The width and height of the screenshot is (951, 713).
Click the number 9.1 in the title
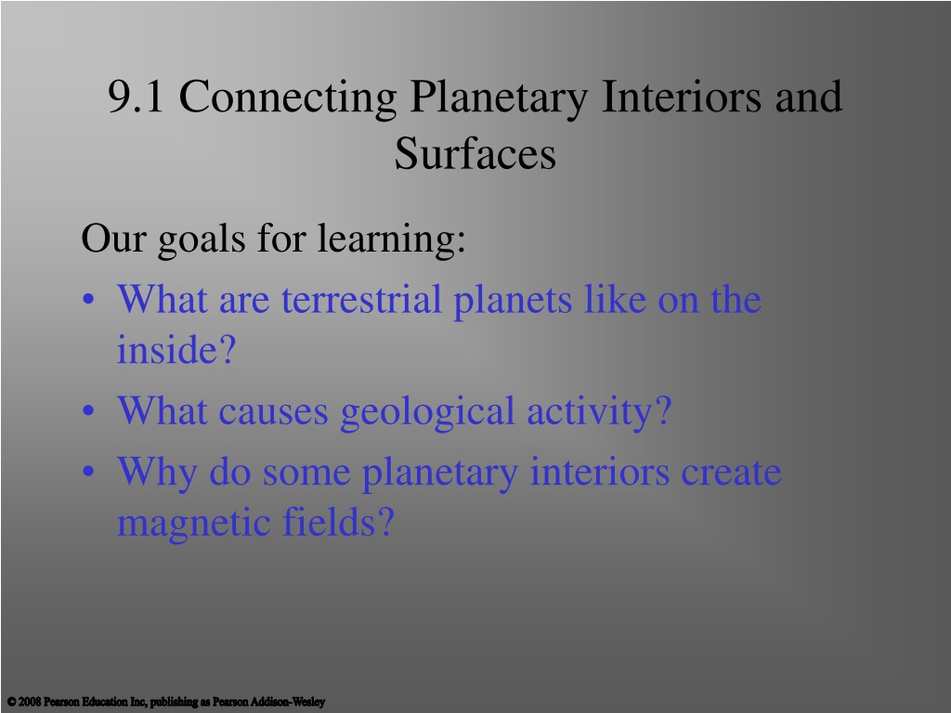[136, 97]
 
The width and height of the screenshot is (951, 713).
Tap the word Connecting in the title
[288, 98]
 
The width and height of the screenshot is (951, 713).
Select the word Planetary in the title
[499, 98]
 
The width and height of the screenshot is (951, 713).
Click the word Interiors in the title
[681, 97]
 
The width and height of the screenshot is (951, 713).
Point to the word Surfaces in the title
[475, 153]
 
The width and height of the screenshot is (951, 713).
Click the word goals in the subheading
[202, 240]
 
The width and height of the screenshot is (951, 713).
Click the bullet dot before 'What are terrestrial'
[88, 300]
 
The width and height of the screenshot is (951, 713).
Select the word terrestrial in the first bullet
[361, 299]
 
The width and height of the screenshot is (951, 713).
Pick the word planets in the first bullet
[513, 302]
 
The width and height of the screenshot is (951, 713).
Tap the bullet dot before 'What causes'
[88, 410]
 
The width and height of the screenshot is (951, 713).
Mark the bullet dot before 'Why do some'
[88, 471]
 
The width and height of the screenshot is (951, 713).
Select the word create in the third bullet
[731, 473]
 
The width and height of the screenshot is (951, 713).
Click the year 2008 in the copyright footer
[30, 702]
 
